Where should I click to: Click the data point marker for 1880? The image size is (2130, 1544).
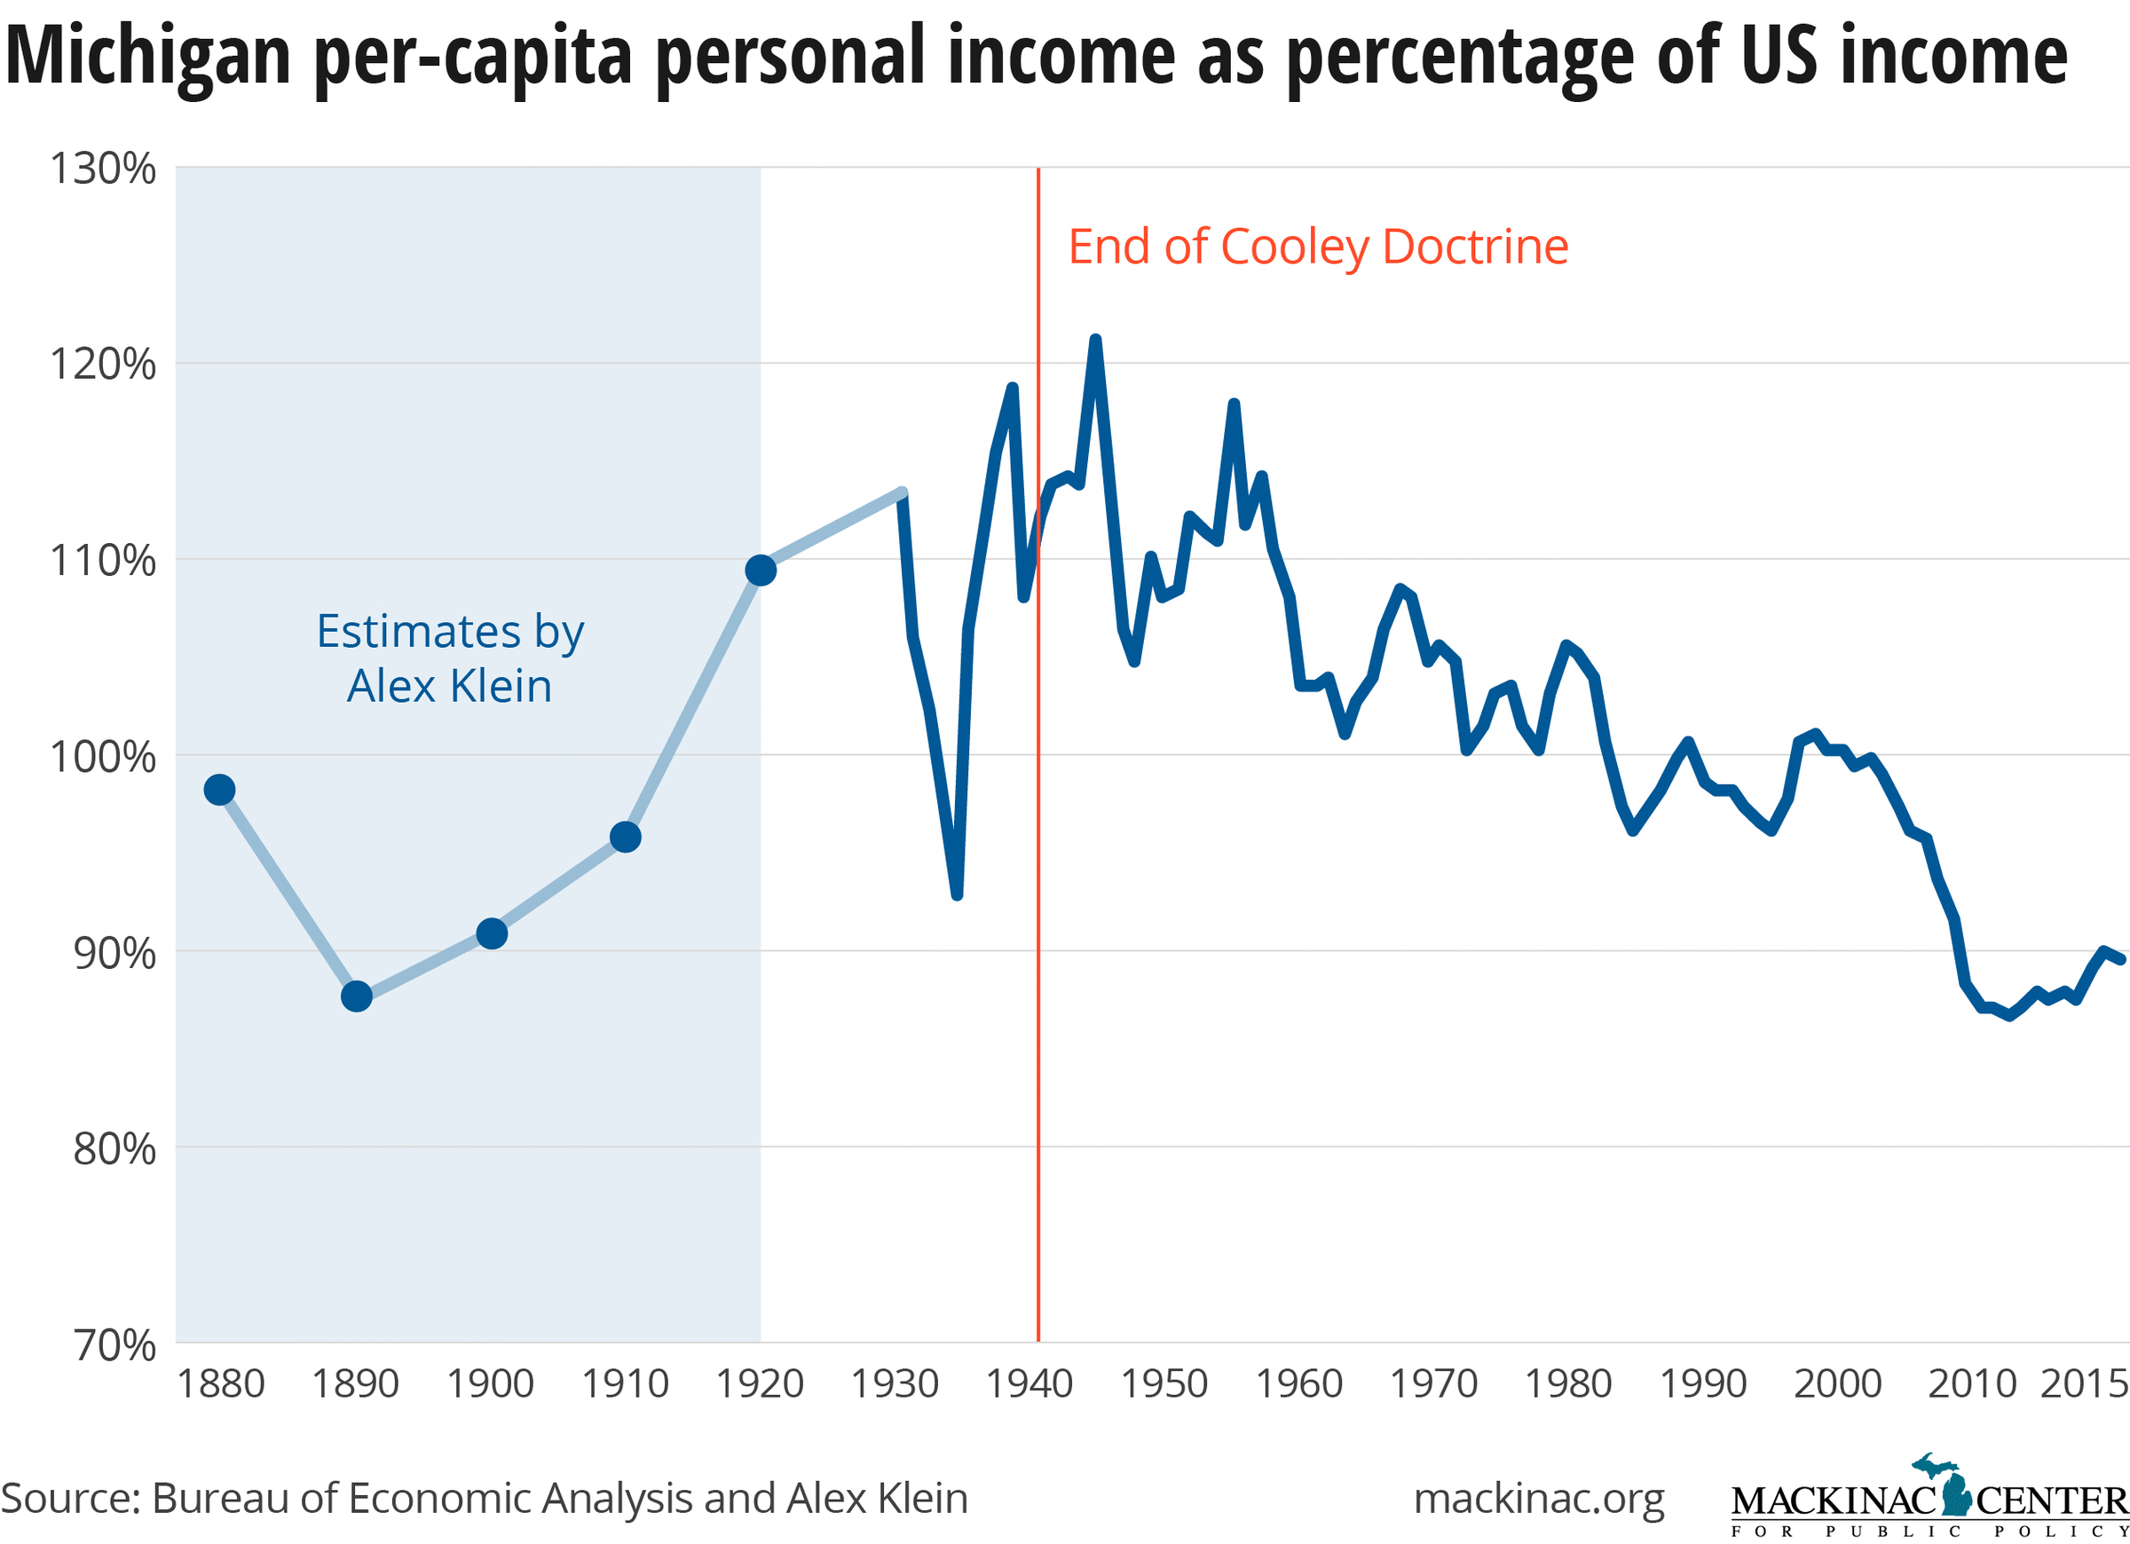pyautogui.click(x=219, y=790)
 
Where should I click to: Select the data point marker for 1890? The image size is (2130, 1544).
pyautogui.click(x=356, y=997)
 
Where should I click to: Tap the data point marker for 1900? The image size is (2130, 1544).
pyautogui.click(x=491, y=933)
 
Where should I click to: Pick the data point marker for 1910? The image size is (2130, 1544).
pyautogui.click(x=626, y=837)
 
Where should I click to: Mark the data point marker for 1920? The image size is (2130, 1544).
pyautogui.click(x=760, y=570)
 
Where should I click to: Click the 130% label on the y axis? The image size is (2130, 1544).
pyautogui.click(x=102, y=169)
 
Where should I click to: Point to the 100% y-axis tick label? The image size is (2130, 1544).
pyautogui.click(x=102, y=757)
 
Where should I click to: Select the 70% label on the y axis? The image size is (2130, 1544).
pyautogui.click(x=114, y=1345)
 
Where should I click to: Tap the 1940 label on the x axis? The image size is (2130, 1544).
pyautogui.click(x=1029, y=1384)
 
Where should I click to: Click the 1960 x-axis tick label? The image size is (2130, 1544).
pyautogui.click(x=1298, y=1384)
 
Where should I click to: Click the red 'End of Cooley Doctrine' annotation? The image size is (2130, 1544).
pyautogui.click(x=1318, y=247)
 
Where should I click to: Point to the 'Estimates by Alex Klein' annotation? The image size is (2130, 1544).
pyautogui.click(x=450, y=658)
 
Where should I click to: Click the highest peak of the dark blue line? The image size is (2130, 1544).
pyautogui.click(x=1095, y=339)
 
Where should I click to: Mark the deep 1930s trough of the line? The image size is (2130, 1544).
pyautogui.click(x=956, y=895)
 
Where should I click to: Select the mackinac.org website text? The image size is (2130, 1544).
pyautogui.click(x=1538, y=1499)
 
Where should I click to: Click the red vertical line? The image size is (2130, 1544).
pyautogui.click(x=1037, y=939)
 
